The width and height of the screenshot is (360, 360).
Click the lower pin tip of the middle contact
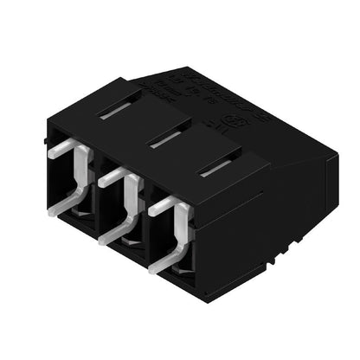[106, 235]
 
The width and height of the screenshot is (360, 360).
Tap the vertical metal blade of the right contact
[183, 232]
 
